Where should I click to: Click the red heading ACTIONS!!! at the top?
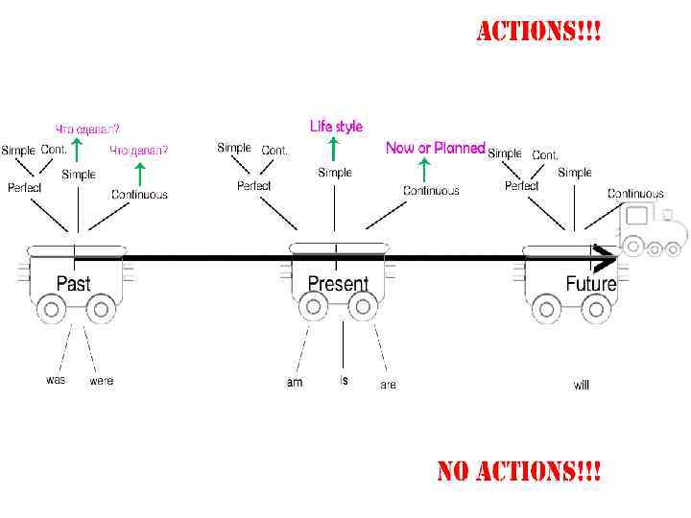539,33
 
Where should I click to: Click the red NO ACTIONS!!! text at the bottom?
519,472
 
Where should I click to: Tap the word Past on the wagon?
74,284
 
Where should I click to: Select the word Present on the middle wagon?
338,284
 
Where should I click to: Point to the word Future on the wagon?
590,284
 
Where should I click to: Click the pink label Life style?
336,126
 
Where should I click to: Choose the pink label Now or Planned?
435,148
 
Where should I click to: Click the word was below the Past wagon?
57,380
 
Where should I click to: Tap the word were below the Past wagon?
101,381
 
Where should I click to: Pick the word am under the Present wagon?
295,383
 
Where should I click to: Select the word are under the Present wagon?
388,385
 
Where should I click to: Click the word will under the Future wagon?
582,385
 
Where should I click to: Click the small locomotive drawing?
655,231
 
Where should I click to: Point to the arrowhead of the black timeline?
607,258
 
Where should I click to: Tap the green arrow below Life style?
332,148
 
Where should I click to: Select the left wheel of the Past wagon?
52,309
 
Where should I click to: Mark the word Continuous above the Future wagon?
635,194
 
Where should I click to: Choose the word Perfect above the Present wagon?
254,185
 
